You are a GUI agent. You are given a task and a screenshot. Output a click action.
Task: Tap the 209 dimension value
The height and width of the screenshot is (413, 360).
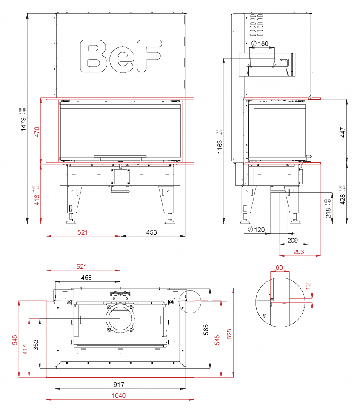click(292, 241)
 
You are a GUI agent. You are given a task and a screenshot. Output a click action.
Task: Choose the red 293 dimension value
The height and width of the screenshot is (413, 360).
click(299, 252)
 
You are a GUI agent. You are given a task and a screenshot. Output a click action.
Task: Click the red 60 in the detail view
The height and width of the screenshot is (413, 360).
click(280, 267)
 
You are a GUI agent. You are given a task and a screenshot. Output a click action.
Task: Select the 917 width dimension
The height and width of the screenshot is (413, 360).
click(119, 384)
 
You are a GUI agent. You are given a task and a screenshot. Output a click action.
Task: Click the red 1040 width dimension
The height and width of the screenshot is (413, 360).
click(119, 396)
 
